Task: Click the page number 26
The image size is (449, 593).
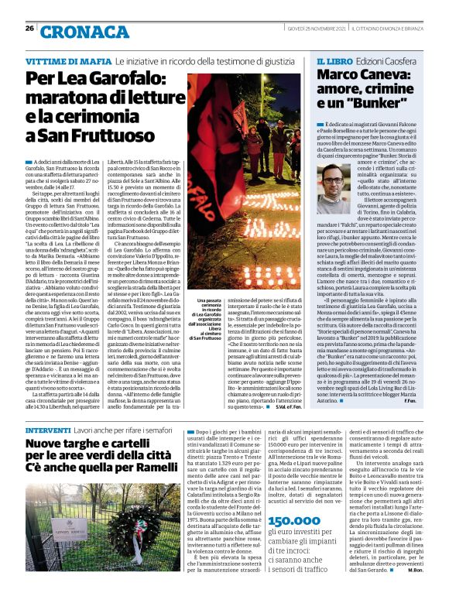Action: tap(29, 28)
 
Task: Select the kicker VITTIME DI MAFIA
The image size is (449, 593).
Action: tap(68, 60)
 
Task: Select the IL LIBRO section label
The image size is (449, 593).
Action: tap(335, 60)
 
